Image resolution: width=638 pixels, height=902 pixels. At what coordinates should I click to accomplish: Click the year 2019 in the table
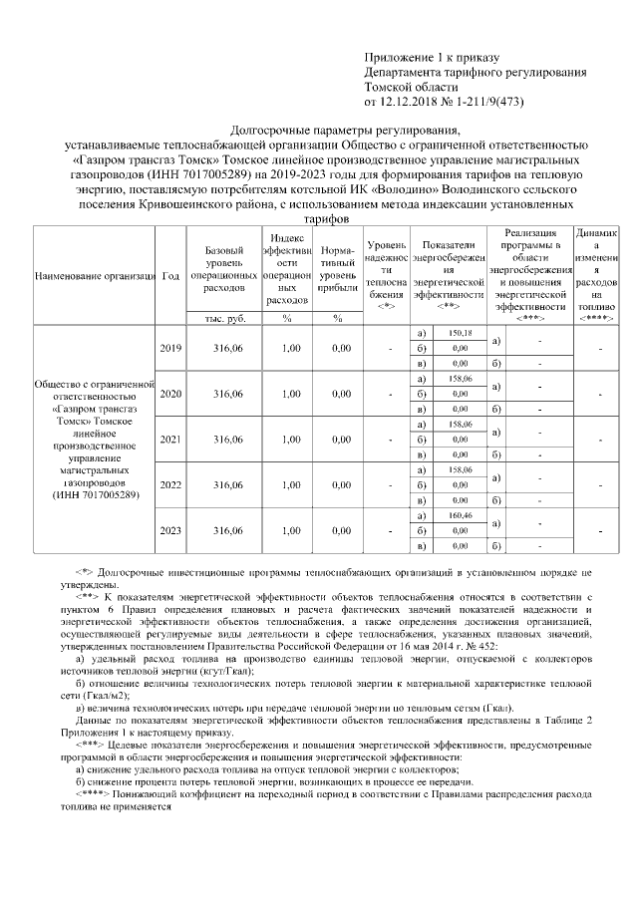click(x=170, y=348)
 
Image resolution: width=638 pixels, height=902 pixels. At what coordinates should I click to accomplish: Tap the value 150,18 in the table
click(x=460, y=332)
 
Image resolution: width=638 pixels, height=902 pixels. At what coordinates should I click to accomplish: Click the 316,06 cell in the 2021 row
click(x=228, y=440)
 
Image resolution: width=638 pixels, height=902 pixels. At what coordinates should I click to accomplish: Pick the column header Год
click(x=170, y=275)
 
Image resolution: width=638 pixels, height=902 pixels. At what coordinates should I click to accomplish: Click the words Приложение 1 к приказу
click(x=430, y=59)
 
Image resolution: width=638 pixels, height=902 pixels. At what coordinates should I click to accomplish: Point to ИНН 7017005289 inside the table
click(x=94, y=493)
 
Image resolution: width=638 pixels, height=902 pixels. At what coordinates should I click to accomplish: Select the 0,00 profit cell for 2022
click(x=339, y=485)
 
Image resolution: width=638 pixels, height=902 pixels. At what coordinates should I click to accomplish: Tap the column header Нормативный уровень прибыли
click(x=338, y=274)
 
